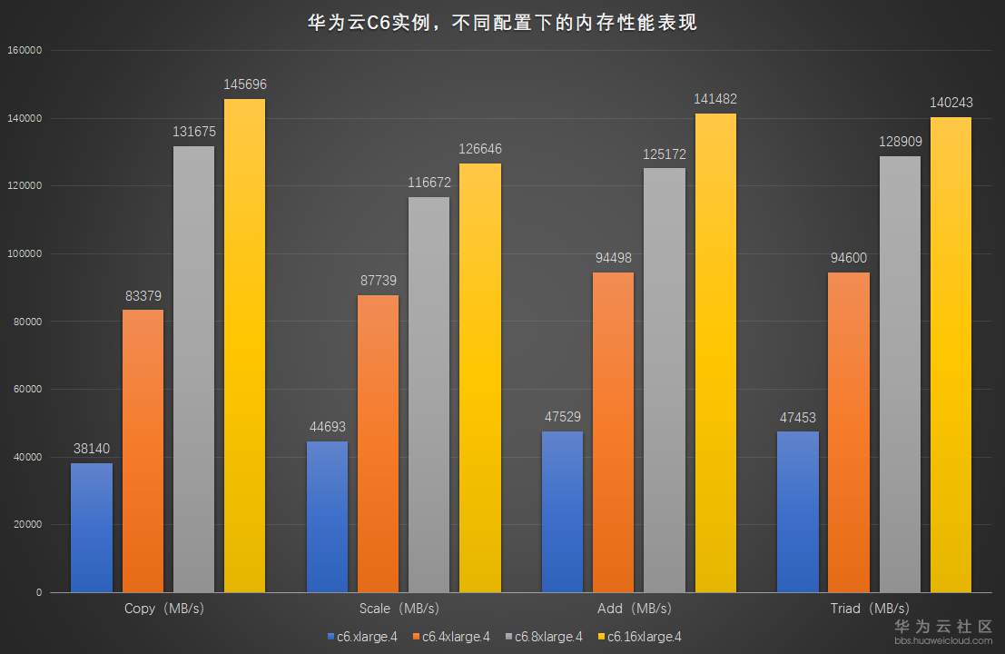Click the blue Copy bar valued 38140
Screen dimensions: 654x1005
coord(92,528)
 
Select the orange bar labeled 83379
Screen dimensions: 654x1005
coord(143,451)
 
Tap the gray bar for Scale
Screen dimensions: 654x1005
coord(429,394)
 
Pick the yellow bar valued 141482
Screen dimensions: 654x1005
coord(715,352)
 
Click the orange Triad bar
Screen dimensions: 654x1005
coord(849,432)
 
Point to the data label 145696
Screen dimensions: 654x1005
coord(245,84)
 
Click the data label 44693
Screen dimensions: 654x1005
coord(327,427)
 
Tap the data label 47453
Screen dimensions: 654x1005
coord(798,418)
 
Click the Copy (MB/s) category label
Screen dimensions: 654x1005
coord(163,609)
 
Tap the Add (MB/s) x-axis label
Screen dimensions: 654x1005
coord(635,609)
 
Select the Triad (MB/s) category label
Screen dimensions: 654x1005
coord(870,609)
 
